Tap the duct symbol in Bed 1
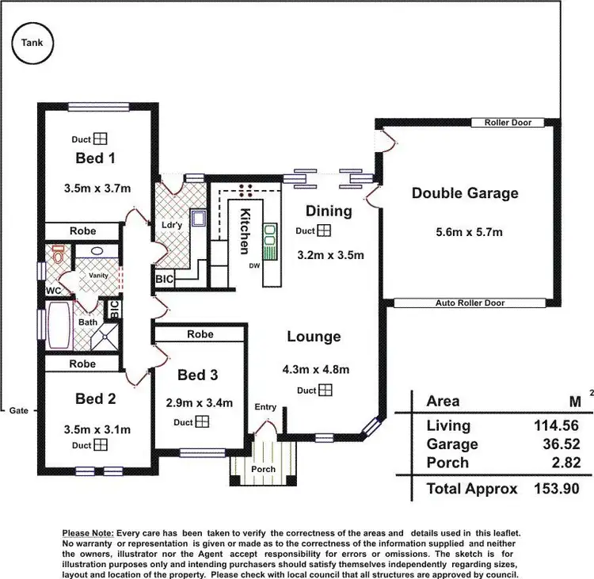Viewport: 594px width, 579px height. pos(100,139)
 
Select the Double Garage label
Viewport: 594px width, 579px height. pos(465,192)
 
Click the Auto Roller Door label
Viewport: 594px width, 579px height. pos(470,303)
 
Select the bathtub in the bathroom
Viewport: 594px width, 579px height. pos(59,329)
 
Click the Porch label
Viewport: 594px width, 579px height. pos(263,469)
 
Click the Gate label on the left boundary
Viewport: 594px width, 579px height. pos(20,410)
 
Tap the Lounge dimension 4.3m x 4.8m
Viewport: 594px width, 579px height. pos(316,369)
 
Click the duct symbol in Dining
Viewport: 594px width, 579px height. pos(325,230)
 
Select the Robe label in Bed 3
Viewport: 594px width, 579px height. pos(200,334)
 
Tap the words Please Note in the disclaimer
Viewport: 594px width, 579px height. pos(87,534)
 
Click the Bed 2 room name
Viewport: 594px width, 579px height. pos(96,398)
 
